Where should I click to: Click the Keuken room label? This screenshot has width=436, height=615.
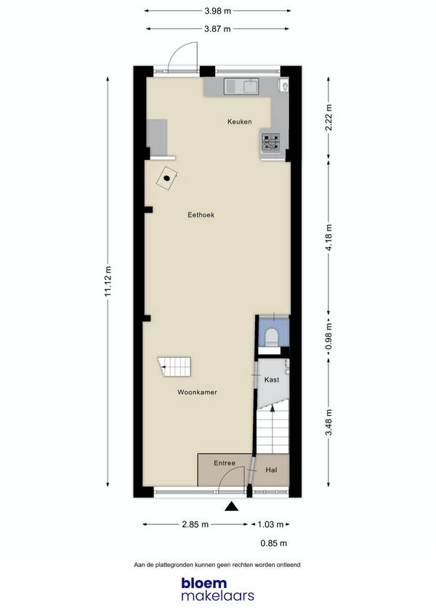pos(240,121)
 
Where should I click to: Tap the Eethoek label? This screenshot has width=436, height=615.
pos(201,215)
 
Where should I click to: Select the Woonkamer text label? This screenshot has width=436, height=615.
pos(197,393)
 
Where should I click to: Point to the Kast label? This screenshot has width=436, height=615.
pos(272,379)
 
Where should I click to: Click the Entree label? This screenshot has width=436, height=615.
pos(225,463)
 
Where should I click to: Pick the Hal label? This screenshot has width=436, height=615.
pos(271,470)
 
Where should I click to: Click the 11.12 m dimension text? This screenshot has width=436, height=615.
pos(108,281)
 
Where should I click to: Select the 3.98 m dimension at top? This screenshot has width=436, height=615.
pos(217,11)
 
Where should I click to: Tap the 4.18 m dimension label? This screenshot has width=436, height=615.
pos(328,237)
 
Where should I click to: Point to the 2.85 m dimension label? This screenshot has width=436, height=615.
pos(195,524)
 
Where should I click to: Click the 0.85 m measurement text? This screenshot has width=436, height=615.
pos(274,543)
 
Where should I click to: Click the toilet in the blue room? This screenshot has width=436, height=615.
pos(272,337)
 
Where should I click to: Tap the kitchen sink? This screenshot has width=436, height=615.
pos(241,87)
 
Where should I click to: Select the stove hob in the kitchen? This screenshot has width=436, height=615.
pos(271,142)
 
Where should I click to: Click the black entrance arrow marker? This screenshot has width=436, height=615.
pos(232,507)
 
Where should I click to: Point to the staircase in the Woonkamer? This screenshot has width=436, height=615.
pos(174,366)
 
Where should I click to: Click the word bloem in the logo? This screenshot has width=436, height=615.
pos(204,583)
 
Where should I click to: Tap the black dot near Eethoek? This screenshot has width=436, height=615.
pos(166,178)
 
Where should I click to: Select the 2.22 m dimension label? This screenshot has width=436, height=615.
pos(328,118)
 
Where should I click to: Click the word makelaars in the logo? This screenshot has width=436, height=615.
pos(217,596)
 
